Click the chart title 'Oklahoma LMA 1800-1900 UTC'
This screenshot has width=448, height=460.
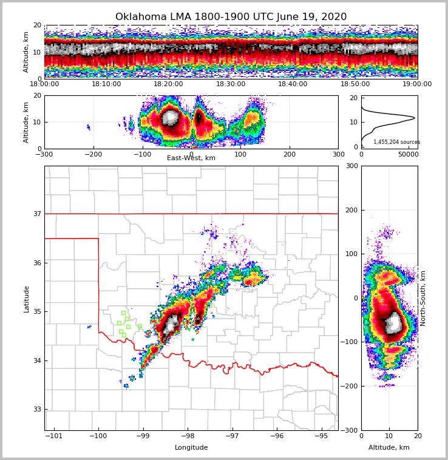pos(231,17)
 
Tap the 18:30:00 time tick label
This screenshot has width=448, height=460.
pos(231,84)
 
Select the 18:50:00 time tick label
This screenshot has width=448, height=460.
pos(355,84)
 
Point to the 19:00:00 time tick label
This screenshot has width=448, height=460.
pos(417,84)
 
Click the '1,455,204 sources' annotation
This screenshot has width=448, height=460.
pos(396,142)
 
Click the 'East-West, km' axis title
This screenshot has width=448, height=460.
pos(191,158)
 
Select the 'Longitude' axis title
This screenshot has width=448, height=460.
pos(191,448)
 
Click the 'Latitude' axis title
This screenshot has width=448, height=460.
pos(27,299)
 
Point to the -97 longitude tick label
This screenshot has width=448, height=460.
pos(232,436)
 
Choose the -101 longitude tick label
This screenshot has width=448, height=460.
pos(54,436)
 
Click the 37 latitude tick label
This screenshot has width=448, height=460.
pos(37,214)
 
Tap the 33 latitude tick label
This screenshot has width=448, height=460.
pos(37,410)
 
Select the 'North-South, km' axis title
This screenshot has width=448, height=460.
pos(423,298)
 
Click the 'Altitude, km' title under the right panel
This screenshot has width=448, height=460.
pos(389,448)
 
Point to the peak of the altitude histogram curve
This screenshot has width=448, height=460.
pos(415,118)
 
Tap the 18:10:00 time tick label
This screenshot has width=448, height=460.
pos(106,84)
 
